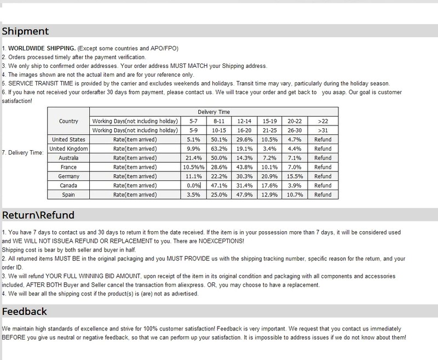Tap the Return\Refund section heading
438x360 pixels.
pyautogui.click(x=38, y=214)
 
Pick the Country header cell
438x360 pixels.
pyautogui.click(x=68, y=121)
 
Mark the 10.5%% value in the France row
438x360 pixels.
pyautogui.click(x=193, y=167)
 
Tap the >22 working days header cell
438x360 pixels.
pyautogui.click(x=323, y=121)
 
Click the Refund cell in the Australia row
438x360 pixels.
pyautogui.click(x=323, y=158)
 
